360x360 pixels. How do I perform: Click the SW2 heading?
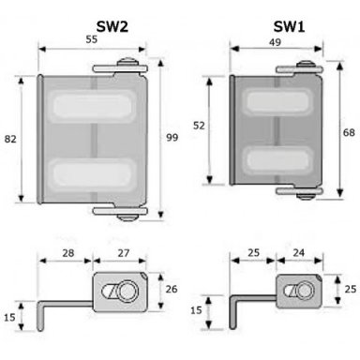point(112,27)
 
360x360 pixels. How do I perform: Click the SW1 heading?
point(289,27)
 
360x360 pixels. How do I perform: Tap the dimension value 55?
point(92,39)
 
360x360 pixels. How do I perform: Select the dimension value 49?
point(275,42)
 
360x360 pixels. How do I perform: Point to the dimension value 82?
point(10,139)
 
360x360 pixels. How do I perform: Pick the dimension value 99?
point(172,137)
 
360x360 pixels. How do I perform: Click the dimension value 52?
point(199,126)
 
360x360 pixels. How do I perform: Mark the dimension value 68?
point(349,132)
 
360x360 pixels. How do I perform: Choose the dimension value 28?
point(68,253)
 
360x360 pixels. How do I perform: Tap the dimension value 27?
point(124,253)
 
